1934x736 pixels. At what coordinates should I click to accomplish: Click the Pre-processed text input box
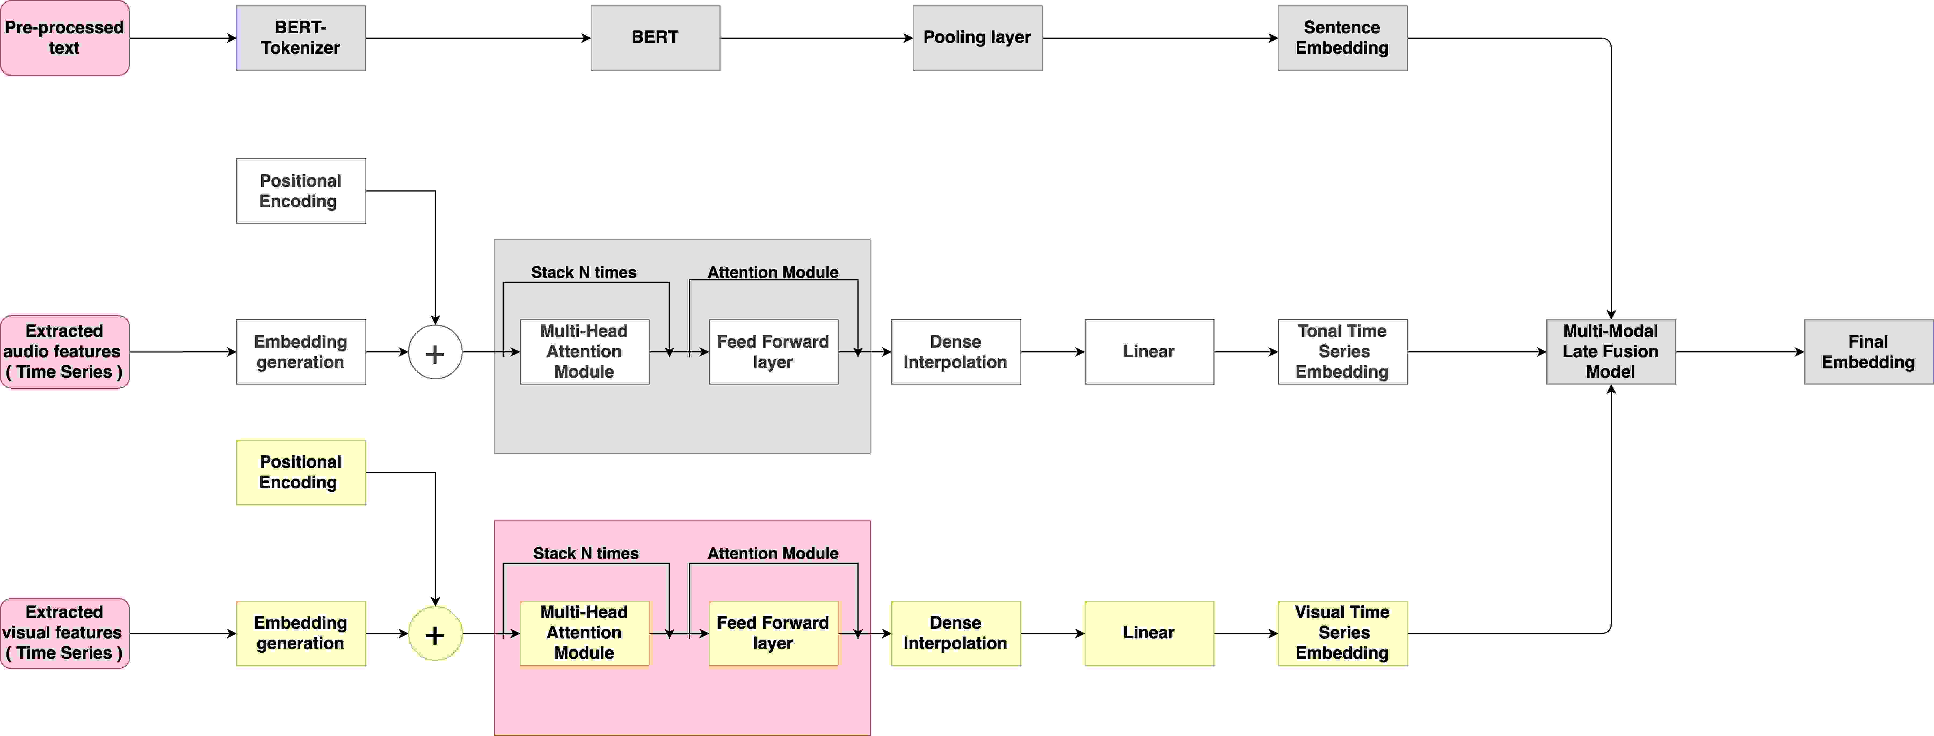point(65,38)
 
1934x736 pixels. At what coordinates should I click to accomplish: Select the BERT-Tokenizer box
point(300,38)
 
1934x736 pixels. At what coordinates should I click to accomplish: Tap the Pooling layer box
point(977,38)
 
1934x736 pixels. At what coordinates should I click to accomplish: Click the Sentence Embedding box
point(1342,38)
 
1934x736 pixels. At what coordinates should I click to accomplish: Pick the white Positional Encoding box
point(300,190)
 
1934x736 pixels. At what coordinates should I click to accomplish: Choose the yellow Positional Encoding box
point(300,472)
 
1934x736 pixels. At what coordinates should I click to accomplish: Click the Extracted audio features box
point(65,351)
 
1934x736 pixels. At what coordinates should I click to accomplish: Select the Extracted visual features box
point(65,632)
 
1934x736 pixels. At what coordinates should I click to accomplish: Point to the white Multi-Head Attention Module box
point(584,351)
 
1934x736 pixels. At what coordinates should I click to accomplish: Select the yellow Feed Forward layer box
point(773,632)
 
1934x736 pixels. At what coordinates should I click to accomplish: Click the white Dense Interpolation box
point(955,351)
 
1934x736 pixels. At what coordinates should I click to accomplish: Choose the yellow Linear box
point(1149,632)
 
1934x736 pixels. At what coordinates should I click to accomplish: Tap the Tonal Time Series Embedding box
point(1342,351)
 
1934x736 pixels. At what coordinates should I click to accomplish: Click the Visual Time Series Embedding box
point(1342,632)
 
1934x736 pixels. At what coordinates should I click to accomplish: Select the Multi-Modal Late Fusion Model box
point(1611,351)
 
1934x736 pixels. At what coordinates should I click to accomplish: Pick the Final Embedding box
point(1868,351)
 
